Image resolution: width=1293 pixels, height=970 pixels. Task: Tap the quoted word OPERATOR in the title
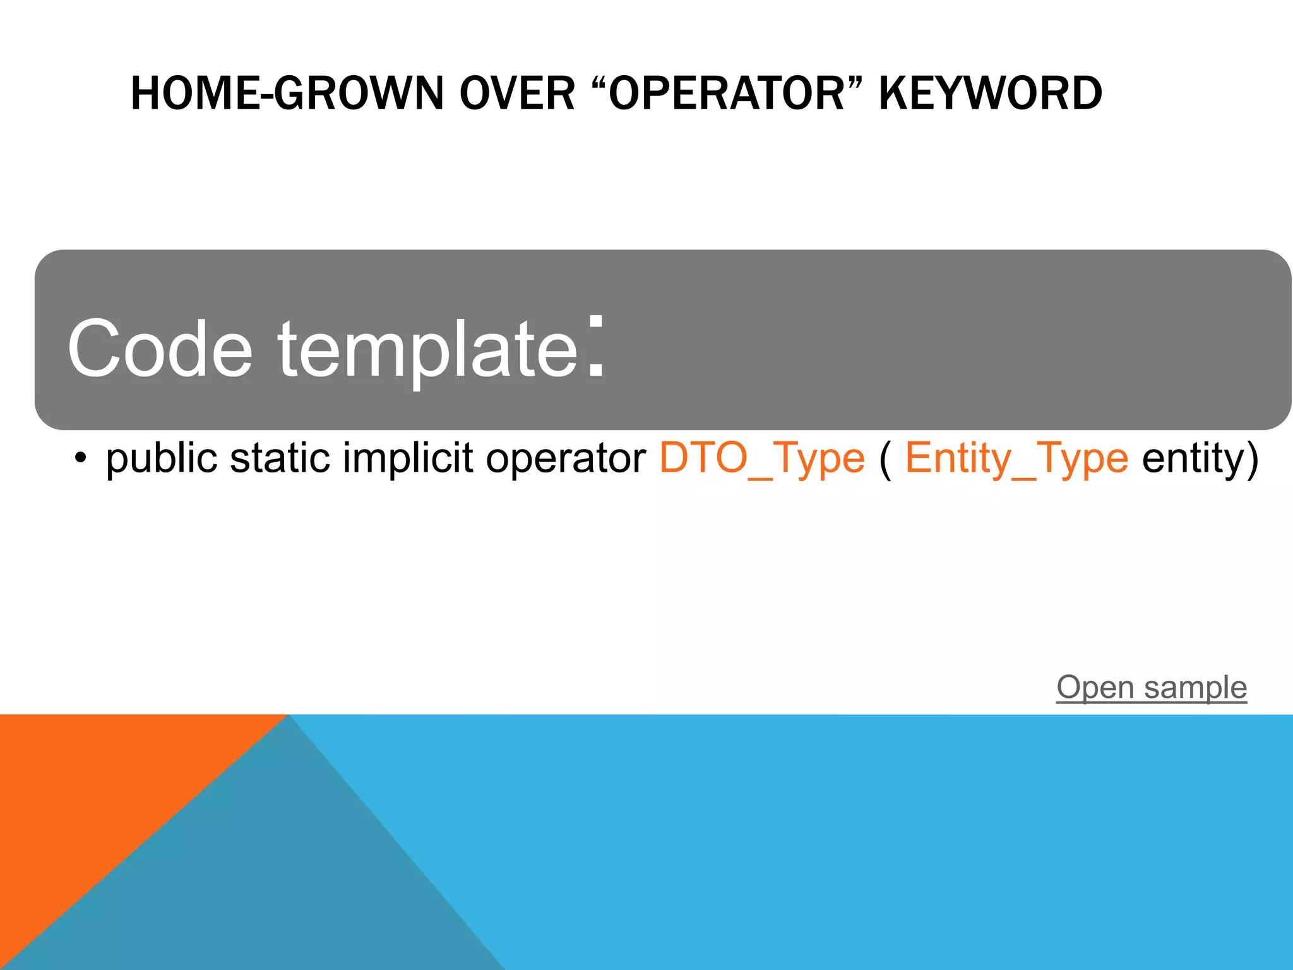point(726,93)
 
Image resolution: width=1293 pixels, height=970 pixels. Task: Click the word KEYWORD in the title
point(990,93)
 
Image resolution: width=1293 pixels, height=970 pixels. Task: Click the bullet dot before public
point(80,459)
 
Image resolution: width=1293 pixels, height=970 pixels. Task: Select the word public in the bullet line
point(162,458)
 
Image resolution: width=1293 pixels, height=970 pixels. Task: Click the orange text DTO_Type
point(761,458)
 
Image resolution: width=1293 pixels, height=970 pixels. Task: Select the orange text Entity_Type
point(1016,458)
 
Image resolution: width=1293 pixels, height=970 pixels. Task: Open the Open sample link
point(1152,687)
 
